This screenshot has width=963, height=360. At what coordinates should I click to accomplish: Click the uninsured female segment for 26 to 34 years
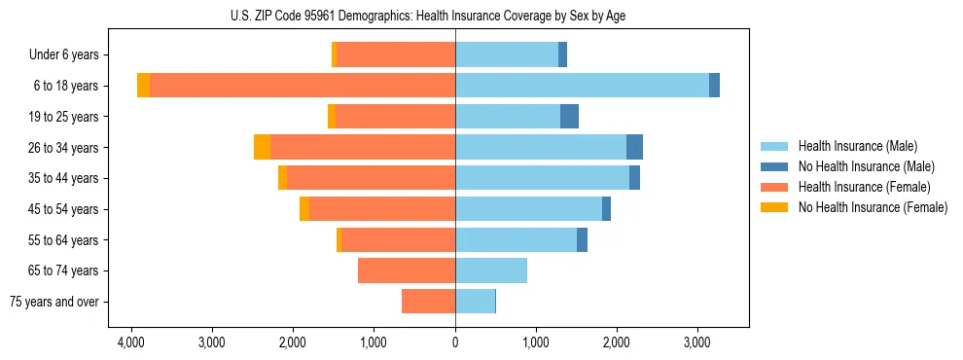coord(262,147)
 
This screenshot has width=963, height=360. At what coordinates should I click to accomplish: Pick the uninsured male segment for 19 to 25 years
coord(569,117)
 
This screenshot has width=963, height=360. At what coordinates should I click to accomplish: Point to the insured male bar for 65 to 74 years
coord(491,270)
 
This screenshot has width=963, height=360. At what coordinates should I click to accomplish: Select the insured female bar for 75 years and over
coord(428,302)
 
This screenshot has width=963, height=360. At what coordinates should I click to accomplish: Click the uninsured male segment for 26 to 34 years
coord(634,147)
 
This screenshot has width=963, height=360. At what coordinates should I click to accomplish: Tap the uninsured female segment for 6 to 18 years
coord(143,86)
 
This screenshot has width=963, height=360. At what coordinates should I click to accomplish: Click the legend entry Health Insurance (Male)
coord(856,146)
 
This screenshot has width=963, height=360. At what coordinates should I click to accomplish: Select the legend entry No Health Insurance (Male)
coord(866,166)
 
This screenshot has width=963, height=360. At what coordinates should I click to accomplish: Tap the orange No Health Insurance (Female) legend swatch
coord(774,207)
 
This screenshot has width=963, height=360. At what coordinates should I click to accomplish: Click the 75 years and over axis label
coord(54,302)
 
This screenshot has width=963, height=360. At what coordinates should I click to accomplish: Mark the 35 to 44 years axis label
coord(65,178)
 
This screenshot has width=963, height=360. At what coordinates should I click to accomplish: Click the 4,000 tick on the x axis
coord(131,342)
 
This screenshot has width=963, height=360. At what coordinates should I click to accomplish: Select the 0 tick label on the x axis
coord(455,342)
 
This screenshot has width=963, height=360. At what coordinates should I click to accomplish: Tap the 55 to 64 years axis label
coord(65,240)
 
